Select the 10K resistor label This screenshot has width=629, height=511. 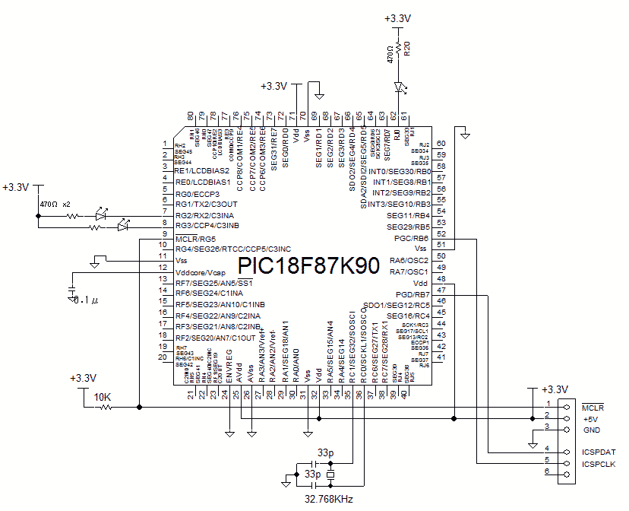(x=103, y=397)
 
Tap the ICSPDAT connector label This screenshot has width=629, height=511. (x=599, y=452)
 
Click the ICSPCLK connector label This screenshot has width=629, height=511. (x=599, y=463)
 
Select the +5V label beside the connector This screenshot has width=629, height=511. (x=591, y=419)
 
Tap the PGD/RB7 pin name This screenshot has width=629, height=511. (x=413, y=294)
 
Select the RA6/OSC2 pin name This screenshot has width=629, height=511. (x=409, y=260)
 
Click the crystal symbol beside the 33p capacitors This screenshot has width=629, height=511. (x=329, y=475)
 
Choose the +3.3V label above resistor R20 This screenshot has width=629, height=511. (x=397, y=17)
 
